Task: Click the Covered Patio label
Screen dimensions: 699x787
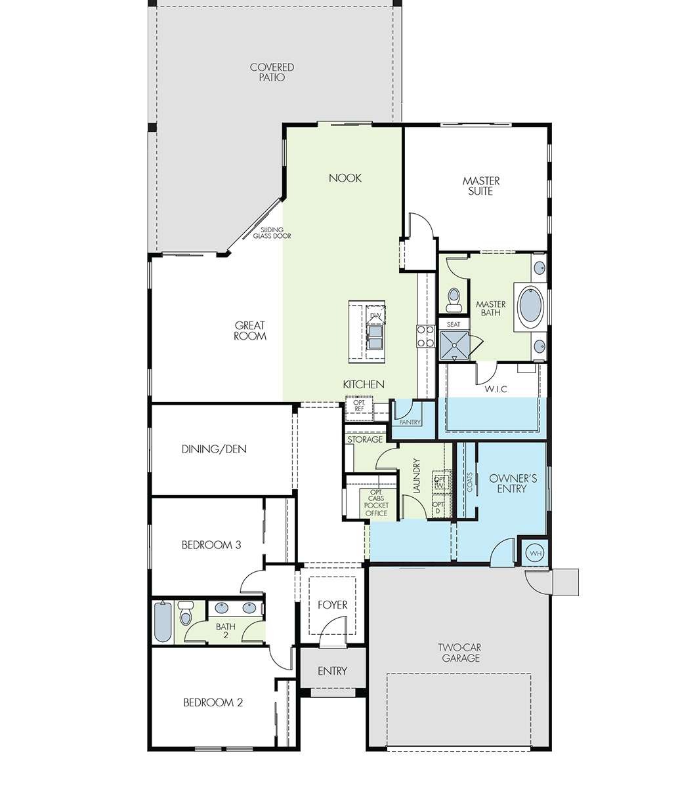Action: [x=272, y=72]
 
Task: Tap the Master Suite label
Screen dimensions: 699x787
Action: [x=481, y=186]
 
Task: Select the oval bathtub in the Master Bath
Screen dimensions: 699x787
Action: [x=530, y=307]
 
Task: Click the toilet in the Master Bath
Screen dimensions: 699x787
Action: [x=454, y=300]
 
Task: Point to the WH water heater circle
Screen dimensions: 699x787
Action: [x=536, y=553]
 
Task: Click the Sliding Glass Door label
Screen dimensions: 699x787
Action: [x=272, y=233]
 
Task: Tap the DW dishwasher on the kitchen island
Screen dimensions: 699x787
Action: [x=375, y=314]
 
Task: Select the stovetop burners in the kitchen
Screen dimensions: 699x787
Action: [x=426, y=336]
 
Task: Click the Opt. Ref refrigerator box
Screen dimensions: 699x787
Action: [x=359, y=409]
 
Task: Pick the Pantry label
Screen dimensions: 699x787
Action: [x=410, y=422]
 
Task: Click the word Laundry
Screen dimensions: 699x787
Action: [x=417, y=476]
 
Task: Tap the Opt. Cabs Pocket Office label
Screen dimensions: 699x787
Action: [x=376, y=503]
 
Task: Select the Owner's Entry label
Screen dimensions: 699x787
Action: [x=513, y=483]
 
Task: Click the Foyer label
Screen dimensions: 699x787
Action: [x=332, y=605]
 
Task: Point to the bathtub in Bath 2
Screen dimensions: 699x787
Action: [x=162, y=622]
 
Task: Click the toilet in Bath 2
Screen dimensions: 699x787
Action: [x=186, y=613]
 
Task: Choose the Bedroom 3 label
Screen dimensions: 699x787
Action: [x=211, y=545]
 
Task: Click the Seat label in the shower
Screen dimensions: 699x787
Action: [x=454, y=324]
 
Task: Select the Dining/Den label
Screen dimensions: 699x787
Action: [x=214, y=449]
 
